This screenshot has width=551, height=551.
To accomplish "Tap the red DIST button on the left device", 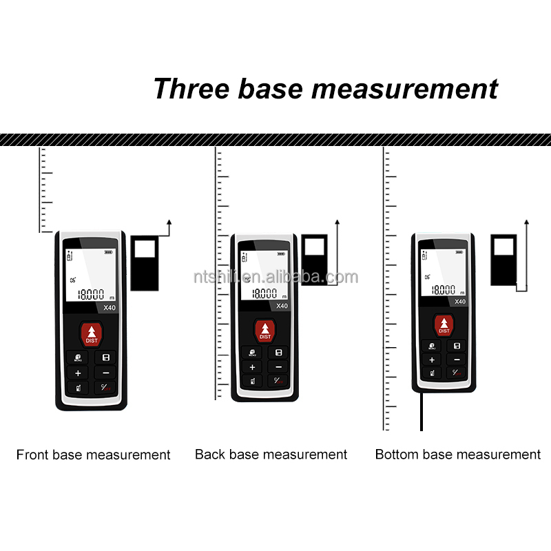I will coord(92,334).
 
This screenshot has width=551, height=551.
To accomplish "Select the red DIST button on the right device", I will coord(444,325).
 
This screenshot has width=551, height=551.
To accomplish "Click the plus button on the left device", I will coord(78,373).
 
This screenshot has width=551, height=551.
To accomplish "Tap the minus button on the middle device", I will coord(279,367).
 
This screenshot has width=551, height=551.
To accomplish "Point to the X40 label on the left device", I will coord(108,308).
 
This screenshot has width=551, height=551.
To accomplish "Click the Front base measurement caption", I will coord(93,455).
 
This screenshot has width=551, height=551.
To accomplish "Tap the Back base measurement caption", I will coord(271,455).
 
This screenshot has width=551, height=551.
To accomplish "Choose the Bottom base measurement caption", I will coord(458,455).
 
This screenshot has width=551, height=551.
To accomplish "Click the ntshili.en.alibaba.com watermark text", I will coord(275,278).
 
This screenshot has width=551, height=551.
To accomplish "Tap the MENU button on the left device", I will coord(78,358).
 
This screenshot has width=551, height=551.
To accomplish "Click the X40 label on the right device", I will coord(459,301).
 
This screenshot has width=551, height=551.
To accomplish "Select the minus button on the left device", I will coord(105,373).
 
